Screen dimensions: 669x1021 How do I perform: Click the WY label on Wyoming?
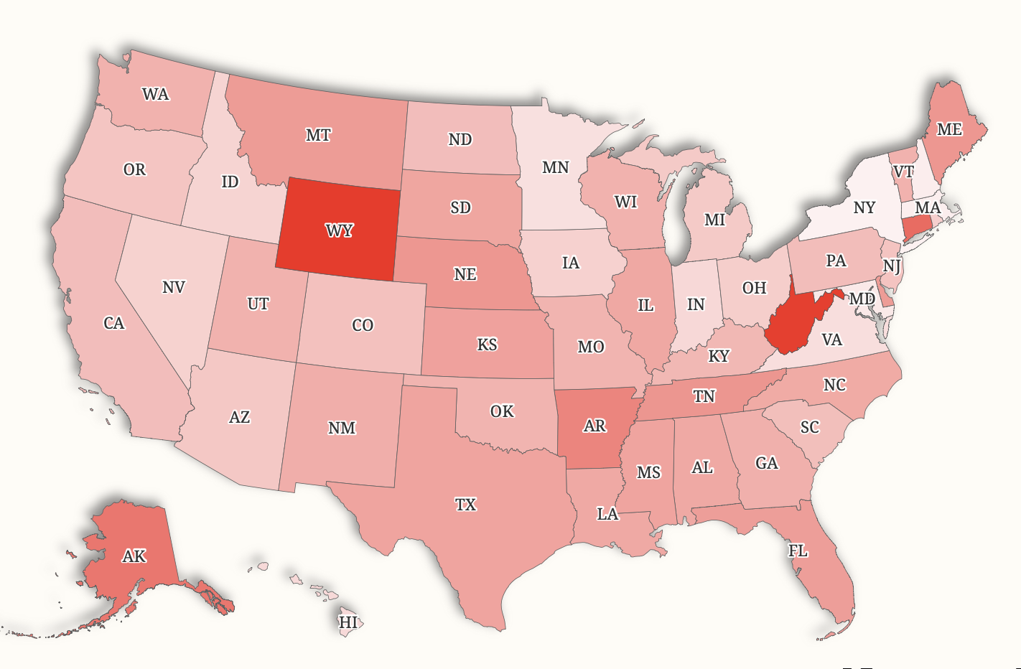[x=339, y=230]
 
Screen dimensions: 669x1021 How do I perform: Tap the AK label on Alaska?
[x=134, y=556]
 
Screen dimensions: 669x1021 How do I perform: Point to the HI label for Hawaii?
[x=348, y=622]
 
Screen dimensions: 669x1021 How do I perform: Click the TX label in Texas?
[x=465, y=505]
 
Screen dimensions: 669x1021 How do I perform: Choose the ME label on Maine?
[x=949, y=129]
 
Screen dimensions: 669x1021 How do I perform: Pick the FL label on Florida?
[x=798, y=551]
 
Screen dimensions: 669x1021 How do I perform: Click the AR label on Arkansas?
[x=595, y=426]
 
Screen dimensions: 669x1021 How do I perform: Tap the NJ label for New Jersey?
[x=892, y=266]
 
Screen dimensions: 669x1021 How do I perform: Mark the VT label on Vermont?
[x=903, y=172]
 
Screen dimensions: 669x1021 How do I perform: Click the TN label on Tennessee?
[x=704, y=396]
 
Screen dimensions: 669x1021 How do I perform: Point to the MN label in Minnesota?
[x=555, y=167]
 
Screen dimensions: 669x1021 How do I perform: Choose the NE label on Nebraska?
[x=465, y=274]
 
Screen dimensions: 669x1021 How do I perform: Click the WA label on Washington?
[x=156, y=94]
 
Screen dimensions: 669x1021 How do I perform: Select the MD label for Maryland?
[x=862, y=299]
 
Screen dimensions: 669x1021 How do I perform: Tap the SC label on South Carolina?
[x=809, y=427]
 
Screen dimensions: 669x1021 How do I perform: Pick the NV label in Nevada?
[x=174, y=287]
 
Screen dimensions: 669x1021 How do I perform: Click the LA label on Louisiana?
[x=607, y=514]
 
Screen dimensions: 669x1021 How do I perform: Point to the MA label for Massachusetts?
[x=928, y=207]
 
